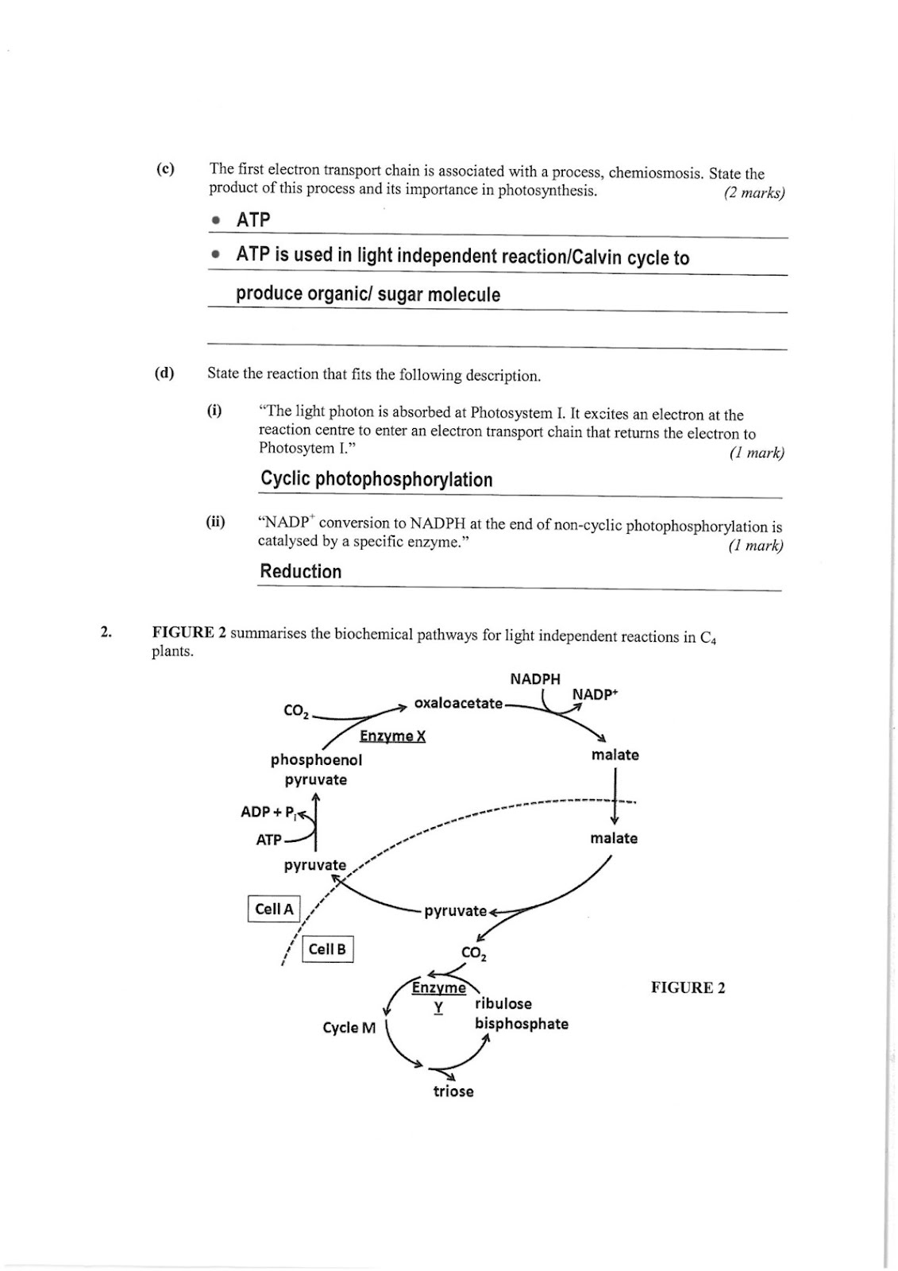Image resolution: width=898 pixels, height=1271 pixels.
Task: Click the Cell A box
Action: click(274, 909)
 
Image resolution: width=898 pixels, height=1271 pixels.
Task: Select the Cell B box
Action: click(327, 948)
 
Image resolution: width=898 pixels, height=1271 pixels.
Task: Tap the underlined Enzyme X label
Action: click(392, 736)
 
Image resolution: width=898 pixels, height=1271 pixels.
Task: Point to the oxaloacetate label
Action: click(458, 703)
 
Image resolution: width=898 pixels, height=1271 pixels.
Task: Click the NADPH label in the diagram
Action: click(535, 678)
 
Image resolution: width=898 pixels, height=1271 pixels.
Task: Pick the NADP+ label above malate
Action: click(595, 694)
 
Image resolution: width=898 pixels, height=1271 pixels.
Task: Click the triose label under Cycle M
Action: click(453, 1091)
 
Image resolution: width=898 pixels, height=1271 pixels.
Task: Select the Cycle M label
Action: click(349, 1028)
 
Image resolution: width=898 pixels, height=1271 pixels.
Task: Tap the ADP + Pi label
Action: click(269, 813)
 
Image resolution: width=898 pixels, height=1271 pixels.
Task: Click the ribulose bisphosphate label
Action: click(522, 1014)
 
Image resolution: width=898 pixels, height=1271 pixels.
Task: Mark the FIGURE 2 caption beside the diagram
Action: click(688, 988)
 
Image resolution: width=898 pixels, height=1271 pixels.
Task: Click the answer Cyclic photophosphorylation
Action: click(376, 480)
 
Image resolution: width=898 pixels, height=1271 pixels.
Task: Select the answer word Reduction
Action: click(301, 571)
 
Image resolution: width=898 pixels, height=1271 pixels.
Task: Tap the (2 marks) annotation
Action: click(754, 193)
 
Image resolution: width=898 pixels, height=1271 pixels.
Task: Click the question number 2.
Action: click(105, 632)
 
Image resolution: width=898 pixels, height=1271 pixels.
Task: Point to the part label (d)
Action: click(164, 373)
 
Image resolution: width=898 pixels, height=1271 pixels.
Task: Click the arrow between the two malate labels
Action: click(615, 796)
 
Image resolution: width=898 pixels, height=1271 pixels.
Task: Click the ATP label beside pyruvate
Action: click(269, 840)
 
